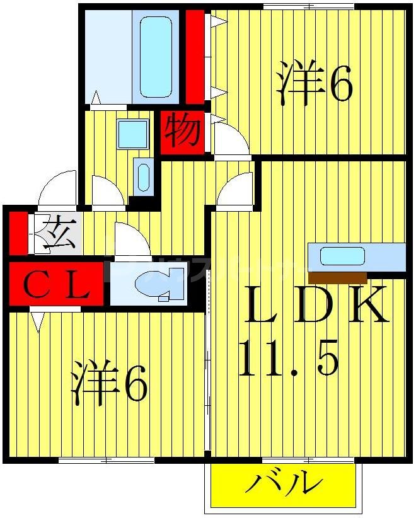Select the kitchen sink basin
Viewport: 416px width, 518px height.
(x=342, y=256)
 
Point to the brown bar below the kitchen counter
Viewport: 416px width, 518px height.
(x=338, y=277)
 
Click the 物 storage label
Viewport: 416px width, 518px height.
(x=183, y=132)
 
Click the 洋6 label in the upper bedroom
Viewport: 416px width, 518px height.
(x=313, y=84)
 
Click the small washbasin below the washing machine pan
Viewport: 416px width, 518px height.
(x=144, y=175)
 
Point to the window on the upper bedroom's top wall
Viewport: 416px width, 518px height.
(x=309, y=6)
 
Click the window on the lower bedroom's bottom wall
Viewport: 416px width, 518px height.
(x=107, y=461)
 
